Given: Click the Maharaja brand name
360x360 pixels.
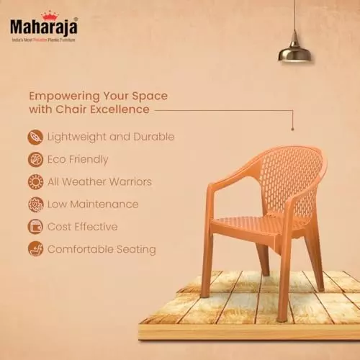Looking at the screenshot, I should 42,27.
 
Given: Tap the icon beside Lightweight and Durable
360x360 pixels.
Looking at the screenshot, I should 35,137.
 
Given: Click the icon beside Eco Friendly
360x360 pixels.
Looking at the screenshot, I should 35,159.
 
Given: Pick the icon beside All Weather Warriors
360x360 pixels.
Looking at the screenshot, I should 35,181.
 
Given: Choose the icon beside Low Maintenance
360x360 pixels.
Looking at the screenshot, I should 35,204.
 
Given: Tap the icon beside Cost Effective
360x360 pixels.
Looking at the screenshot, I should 35,227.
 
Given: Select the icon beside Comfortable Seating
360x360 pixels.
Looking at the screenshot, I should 35,249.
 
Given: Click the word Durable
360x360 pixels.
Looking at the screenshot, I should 153,137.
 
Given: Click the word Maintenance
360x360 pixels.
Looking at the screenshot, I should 106,204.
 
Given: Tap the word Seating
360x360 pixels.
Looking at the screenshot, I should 134,250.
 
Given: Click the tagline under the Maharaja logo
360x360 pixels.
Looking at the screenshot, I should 42,39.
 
